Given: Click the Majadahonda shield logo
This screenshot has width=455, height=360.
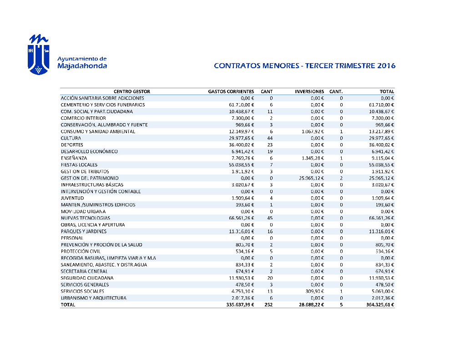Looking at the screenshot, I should [x=39, y=54].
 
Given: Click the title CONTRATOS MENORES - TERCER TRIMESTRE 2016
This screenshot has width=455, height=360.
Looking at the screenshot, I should [x=304, y=65].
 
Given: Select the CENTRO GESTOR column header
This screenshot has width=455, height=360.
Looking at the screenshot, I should [x=132, y=91].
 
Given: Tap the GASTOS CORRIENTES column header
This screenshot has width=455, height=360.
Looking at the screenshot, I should [x=231, y=91].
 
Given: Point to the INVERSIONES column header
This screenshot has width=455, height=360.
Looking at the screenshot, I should [x=309, y=91].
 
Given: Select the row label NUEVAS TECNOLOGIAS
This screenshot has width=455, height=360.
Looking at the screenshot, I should [x=85, y=218].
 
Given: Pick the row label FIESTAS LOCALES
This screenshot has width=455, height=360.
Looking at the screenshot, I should [x=79, y=165].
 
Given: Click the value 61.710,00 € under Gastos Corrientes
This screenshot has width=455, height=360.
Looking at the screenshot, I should [x=241, y=105].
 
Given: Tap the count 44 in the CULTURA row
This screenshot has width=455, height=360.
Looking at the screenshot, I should [x=270, y=138].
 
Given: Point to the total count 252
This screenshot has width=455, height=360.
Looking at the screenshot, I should [x=269, y=305].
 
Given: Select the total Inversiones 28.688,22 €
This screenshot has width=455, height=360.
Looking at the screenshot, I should [x=309, y=305].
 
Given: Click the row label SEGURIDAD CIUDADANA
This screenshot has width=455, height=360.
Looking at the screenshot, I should [x=87, y=278].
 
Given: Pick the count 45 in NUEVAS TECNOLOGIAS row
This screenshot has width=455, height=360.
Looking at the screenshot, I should [x=270, y=218].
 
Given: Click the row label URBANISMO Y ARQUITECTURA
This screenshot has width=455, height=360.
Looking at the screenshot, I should [x=93, y=298].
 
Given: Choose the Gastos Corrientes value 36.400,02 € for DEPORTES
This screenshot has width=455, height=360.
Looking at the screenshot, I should [x=241, y=145].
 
